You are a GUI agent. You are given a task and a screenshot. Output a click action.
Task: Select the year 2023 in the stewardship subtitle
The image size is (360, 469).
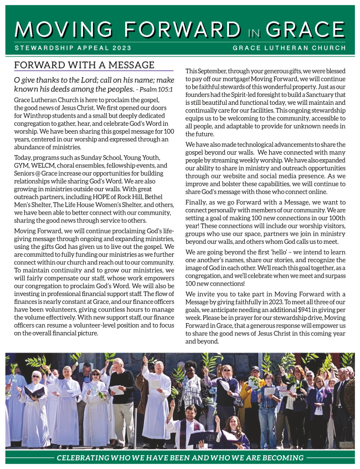(x=120, y=48)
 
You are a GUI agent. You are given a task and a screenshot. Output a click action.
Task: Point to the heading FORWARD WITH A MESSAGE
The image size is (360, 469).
(x=84, y=65)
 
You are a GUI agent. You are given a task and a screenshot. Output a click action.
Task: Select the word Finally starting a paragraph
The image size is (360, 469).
(x=198, y=203)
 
